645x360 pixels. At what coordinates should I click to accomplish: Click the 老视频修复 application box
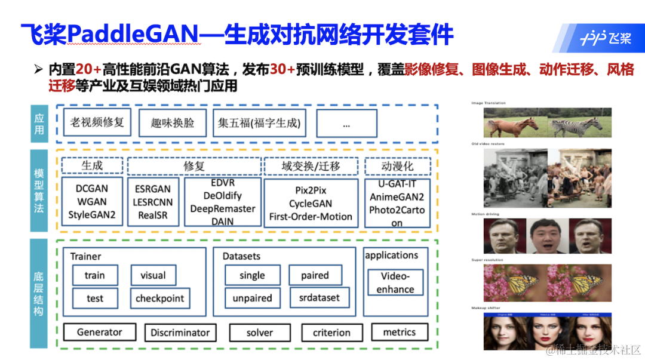97,122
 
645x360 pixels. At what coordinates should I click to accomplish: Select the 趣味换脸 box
173,123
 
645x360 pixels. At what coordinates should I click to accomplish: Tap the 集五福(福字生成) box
259,124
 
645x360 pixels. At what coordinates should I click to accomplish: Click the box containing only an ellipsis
346,124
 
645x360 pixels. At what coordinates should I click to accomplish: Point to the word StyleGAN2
92,215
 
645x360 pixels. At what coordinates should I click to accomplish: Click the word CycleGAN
311,203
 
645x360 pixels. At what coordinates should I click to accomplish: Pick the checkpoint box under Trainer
160,299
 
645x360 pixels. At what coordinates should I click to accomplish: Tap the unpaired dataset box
252,298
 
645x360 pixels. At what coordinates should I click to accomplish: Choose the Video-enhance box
395,282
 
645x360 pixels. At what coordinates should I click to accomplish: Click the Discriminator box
180,333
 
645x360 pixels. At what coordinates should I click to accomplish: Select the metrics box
400,332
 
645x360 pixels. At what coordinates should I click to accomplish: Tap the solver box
260,333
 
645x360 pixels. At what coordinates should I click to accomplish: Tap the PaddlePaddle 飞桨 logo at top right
604,38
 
